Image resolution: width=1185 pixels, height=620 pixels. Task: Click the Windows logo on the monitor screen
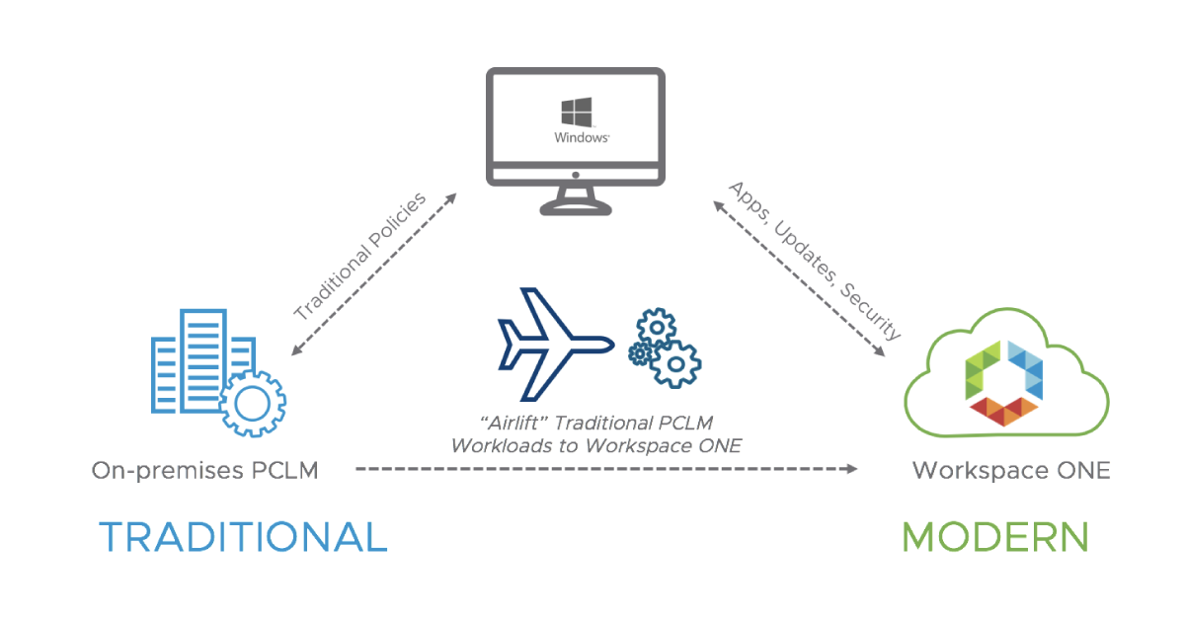click(x=576, y=111)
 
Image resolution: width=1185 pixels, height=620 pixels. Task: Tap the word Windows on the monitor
click(x=581, y=138)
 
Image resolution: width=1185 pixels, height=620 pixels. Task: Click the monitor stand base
click(x=577, y=206)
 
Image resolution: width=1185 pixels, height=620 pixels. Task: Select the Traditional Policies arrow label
click(x=359, y=258)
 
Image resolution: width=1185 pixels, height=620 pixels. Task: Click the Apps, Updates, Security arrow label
click(x=816, y=260)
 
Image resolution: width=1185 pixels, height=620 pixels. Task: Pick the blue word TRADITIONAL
click(x=242, y=537)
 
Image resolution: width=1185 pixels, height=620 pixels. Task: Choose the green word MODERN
click(x=994, y=537)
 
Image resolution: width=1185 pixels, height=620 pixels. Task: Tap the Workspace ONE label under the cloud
click(x=1010, y=471)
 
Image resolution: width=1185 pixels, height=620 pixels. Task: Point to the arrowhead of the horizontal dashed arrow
click(x=851, y=468)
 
